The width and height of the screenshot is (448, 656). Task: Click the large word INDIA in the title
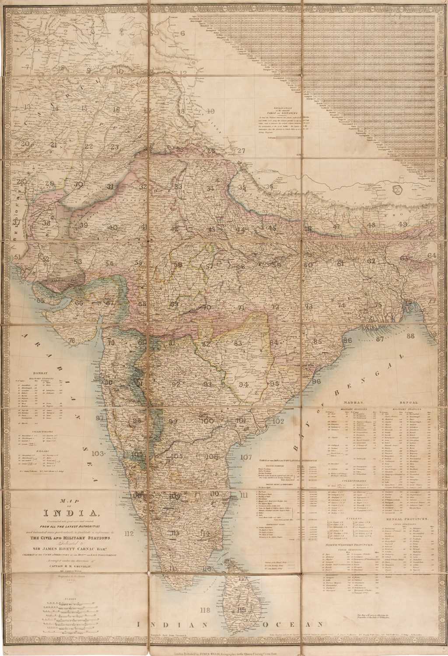(x=76, y=513)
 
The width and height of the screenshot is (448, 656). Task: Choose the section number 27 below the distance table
(x=242, y=151)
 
